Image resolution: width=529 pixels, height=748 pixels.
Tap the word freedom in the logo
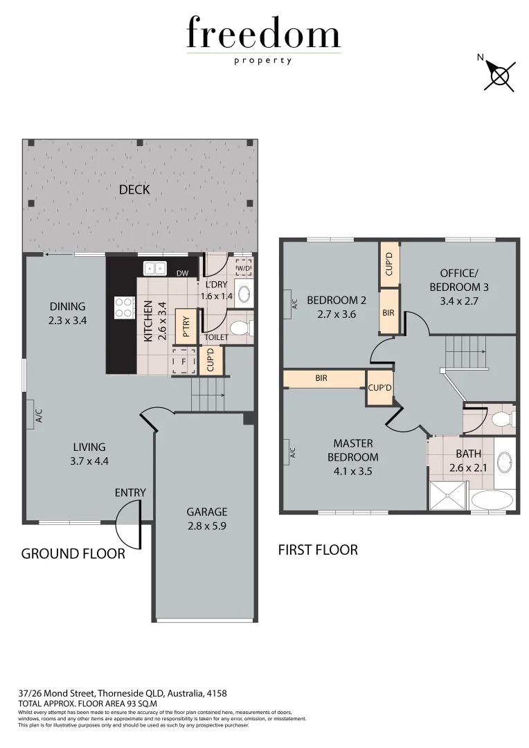click(x=263, y=35)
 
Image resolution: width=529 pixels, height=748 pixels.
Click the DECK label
click(x=134, y=189)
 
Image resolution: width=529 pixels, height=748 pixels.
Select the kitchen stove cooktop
click(x=124, y=308)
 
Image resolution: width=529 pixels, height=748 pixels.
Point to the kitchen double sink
click(x=154, y=269)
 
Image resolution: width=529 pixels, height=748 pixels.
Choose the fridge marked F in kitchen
click(x=183, y=361)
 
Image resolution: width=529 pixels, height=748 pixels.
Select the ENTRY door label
click(x=130, y=492)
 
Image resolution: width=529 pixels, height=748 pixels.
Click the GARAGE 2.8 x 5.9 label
click(x=206, y=518)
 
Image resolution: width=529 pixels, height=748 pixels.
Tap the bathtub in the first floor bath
click(x=492, y=501)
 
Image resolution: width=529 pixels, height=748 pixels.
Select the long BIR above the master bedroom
click(x=323, y=379)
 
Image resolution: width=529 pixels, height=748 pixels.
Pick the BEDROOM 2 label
click(x=337, y=307)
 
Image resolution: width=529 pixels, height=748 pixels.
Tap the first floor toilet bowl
click(x=500, y=420)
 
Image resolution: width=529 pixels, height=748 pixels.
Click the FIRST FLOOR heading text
click(x=318, y=550)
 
